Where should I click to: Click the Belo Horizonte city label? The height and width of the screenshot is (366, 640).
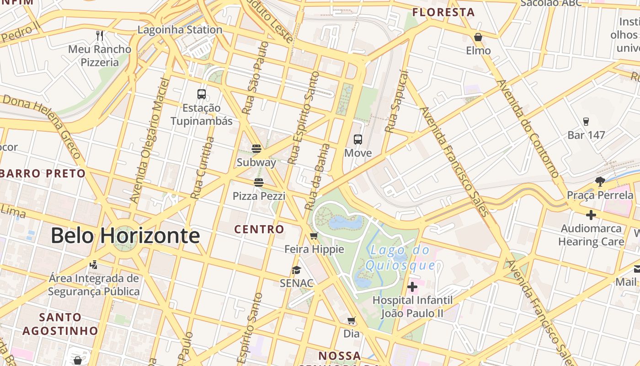(125, 236)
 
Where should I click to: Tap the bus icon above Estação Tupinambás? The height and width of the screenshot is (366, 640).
(202, 94)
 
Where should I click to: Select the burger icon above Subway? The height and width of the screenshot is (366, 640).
(256, 149)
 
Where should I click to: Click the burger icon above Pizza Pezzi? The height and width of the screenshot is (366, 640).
(259, 183)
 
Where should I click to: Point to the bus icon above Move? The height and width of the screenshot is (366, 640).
(358, 140)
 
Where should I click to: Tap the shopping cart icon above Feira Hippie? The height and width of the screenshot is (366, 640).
(314, 236)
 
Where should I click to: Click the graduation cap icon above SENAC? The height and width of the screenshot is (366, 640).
(297, 270)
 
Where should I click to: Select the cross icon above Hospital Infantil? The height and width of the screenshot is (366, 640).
(412, 287)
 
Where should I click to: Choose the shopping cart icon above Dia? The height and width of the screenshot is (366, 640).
(352, 321)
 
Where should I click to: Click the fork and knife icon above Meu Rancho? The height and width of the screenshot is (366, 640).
(100, 35)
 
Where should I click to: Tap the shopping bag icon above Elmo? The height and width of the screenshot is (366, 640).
(478, 37)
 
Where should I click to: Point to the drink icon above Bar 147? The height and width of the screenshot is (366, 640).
(586, 121)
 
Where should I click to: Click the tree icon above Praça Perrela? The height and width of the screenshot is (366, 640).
(600, 182)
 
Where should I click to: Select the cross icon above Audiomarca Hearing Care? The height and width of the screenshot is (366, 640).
(591, 215)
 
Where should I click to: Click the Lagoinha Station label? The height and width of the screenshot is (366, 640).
(180, 30)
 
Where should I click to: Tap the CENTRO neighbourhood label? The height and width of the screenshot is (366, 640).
(259, 229)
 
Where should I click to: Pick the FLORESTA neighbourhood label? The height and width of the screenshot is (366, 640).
(443, 12)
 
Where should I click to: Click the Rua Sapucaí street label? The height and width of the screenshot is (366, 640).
(396, 102)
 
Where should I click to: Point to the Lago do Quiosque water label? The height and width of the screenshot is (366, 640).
(400, 258)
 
